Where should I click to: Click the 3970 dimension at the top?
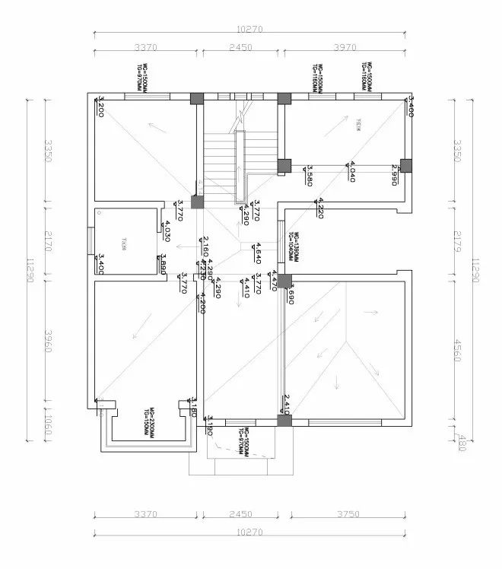click(x=345, y=47)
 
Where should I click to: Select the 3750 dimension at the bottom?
click(x=342, y=515)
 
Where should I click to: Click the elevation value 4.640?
click(x=259, y=253)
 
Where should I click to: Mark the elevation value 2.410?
click(x=287, y=404)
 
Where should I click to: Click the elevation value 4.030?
click(x=167, y=230)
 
